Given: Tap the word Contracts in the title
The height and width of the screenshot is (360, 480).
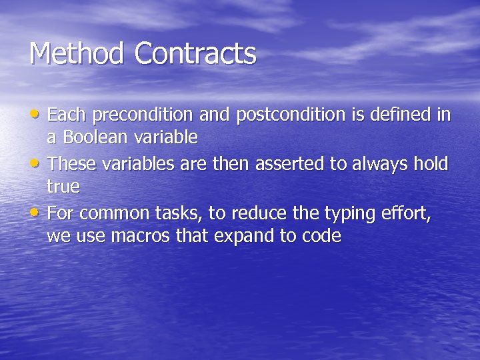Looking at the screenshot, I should coord(195,54).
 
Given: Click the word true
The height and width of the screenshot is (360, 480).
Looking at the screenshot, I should coord(63,187).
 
